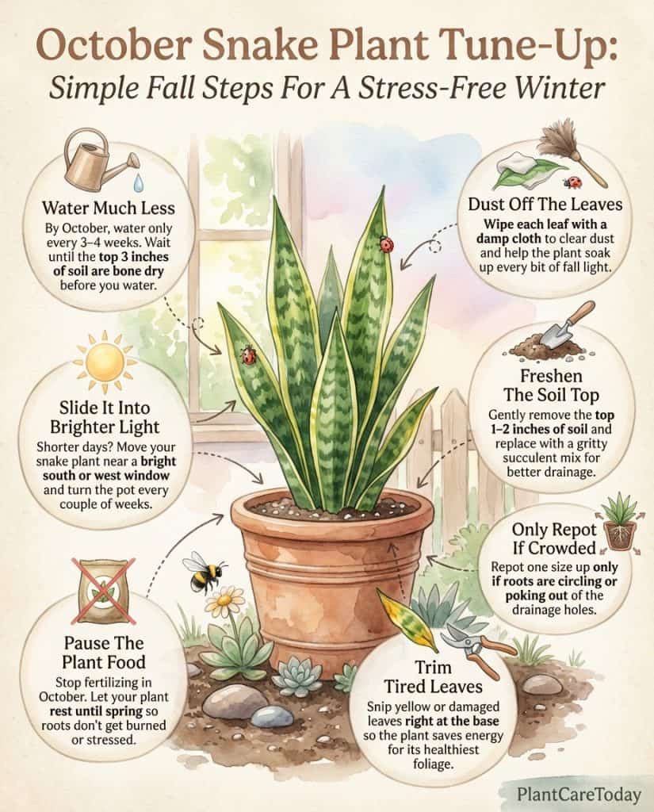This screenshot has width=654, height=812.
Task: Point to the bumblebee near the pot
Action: [x=197, y=571]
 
